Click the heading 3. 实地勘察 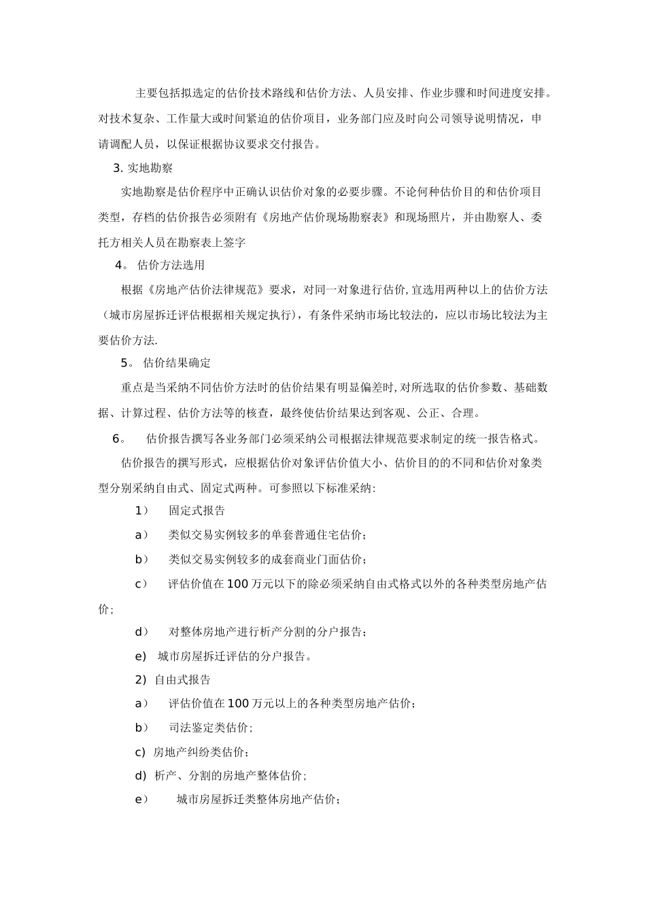pos(143,168)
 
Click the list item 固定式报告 pos(197,511)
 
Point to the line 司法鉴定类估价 pos(211,728)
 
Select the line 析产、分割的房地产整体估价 pos(231,776)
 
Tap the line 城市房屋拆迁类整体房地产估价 pos(258,800)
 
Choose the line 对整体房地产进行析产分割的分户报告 pos(268,632)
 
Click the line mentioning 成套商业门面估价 pos(268,560)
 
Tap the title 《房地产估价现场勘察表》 pos(322,218)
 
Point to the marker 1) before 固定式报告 pos(142,511)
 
